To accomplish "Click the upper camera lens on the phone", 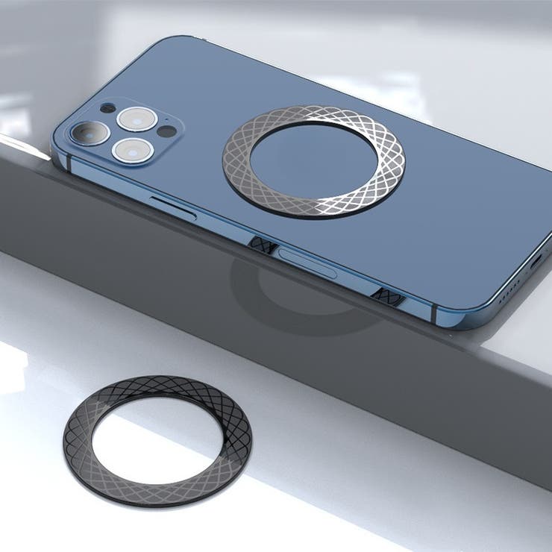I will (x=138, y=118).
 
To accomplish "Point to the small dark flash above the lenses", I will (x=107, y=108).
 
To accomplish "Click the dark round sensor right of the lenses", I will (x=166, y=132).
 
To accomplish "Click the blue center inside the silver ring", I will (x=313, y=160).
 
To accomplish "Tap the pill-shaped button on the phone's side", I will (x=307, y=263).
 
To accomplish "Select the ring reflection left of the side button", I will (x=260, y=244).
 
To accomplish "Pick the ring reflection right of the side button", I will (x=389, y=296).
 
